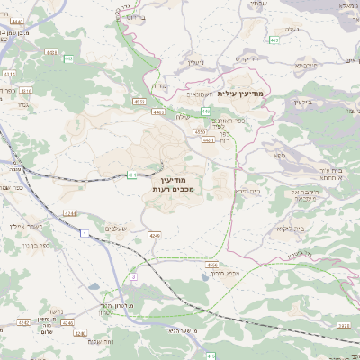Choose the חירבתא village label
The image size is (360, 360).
pos(307,65)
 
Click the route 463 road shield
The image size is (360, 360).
pos(273,40)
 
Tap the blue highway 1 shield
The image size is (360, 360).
pos(84,233)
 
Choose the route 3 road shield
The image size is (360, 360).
pos(132,277)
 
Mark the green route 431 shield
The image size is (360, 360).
pos(132,175)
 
